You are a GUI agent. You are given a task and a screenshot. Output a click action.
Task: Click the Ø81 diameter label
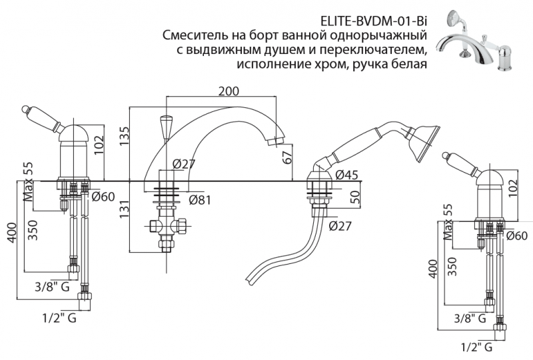coord(200,199)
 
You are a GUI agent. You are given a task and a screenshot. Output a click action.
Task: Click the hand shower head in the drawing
coord(425,139)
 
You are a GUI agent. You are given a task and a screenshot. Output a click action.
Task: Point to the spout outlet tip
coord(278,141)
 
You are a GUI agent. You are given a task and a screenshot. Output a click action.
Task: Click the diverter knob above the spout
coord(165,126)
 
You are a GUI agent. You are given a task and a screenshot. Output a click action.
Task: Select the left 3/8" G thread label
coord(51,287)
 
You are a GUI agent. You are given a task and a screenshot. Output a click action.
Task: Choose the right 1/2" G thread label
coord(477,347)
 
